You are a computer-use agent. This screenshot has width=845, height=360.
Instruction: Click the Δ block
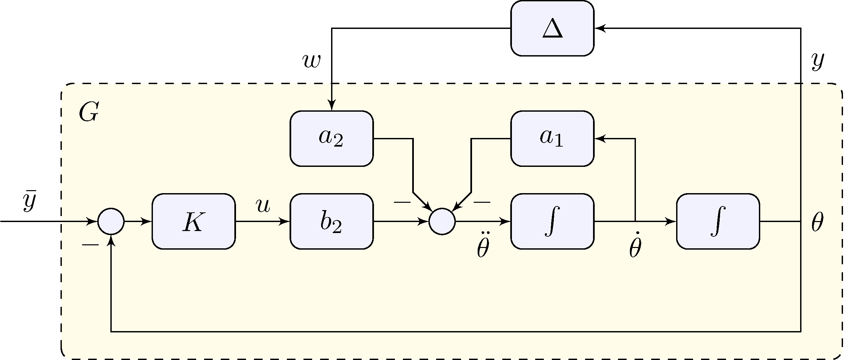pyautogui.click(x=552, y=29)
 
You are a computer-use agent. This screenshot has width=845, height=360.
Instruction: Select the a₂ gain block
pyautogui.click(x=331, y=138)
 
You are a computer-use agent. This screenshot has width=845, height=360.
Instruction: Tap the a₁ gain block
pyautogui.click(x=552, y=138)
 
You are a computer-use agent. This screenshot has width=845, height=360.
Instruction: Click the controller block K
pyautogui.click(x=193, y=221)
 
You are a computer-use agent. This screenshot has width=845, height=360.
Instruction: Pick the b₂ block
pyautogui.click(x=331, y=221)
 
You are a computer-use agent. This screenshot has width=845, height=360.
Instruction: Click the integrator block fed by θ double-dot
pyautogui.click(x=552, y=221)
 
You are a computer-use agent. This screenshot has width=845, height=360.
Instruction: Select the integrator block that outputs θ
pyautogui.click(x=718, y=221)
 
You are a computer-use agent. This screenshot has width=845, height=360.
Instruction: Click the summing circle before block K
pyautogui.click(x=111, y=221)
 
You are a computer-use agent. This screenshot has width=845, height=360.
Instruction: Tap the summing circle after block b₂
pyautogui.click(x=442, y=221)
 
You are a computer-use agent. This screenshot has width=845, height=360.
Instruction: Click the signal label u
pyautogui.click(x=263, y=206)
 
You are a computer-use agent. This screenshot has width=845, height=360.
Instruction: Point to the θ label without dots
pyautogui.click(x=817, y=222)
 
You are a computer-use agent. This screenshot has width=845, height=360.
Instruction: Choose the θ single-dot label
pyautogui.click(x=635, y=248)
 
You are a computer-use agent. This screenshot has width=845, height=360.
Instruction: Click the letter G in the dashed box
pyautogui.click(x=88, y=112)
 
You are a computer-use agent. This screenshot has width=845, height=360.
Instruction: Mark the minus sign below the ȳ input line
pyautogui.click(x=90, y=245)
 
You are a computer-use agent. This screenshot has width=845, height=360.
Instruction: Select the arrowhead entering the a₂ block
pyautogui.click(x=331, y=105)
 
